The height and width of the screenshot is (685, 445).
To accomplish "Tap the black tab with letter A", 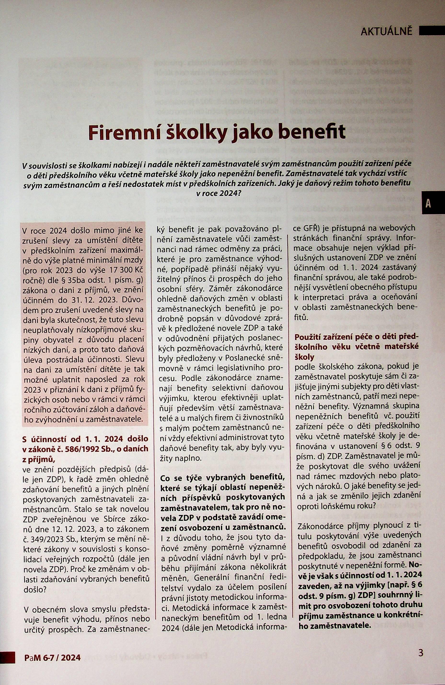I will tap(428, 204).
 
